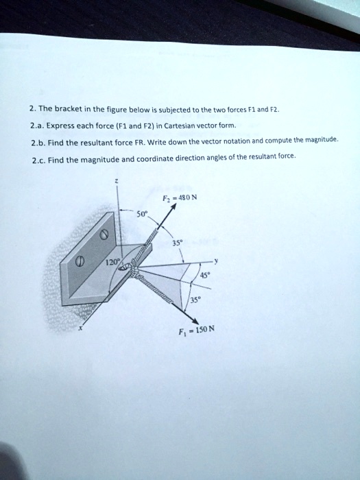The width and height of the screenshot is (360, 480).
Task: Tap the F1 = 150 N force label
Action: [x=202, y=328]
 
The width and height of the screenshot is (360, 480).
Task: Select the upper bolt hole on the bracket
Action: [x=104, y=235]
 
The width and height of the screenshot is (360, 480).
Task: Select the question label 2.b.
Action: [x=39, y=142]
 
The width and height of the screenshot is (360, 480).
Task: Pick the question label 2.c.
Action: [x=39, y=159]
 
